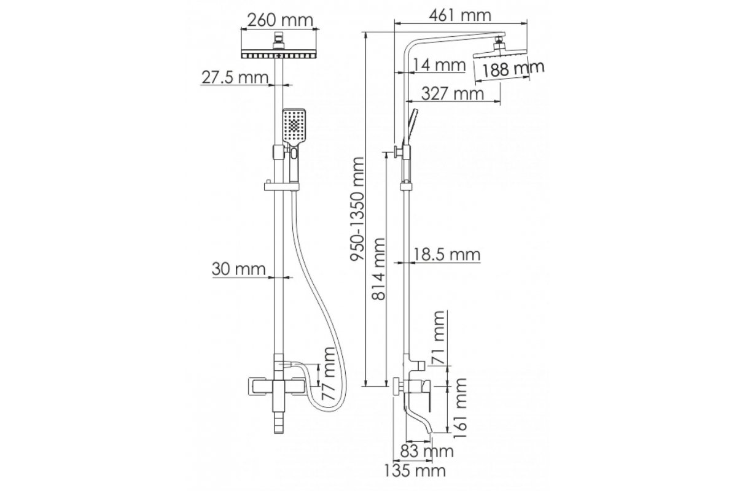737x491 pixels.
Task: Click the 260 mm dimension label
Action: tap(280, 20)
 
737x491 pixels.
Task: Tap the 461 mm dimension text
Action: tap(460, 15)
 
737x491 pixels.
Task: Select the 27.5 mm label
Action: tap(235, 77)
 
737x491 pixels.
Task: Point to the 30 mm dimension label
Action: tap(238, 269)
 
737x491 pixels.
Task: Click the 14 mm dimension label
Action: tap(439, 65)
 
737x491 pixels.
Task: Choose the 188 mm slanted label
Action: tap(513, 69)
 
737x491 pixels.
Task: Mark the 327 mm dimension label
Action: tap(453, 94)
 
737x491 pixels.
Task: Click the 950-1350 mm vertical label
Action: tap(357, 209)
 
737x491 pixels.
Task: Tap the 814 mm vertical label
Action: tap(378, 269)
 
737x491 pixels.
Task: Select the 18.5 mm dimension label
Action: tap(447, 255)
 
